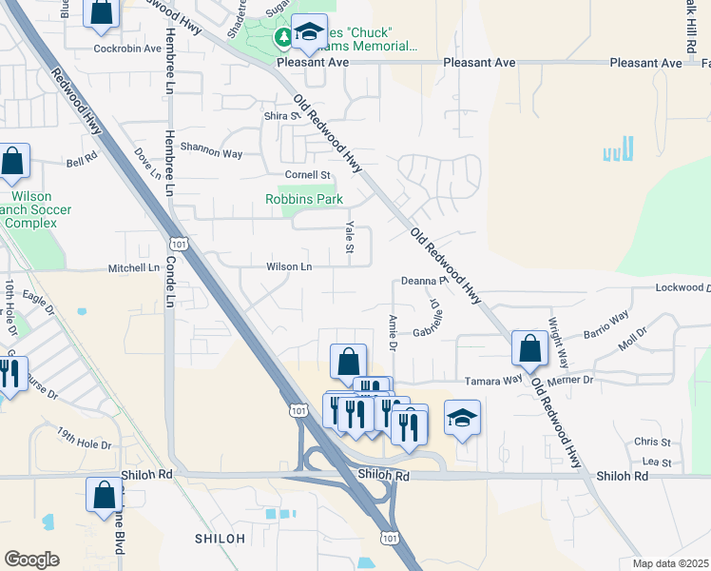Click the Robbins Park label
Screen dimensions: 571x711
(303, 200)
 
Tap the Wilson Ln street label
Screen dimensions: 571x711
(289, 267)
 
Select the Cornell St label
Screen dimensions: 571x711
(307, 175)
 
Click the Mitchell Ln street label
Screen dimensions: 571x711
(133, 268)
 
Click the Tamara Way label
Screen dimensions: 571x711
(493, 380)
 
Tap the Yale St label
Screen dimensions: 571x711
(350, 238)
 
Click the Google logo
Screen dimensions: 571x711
(32, 560)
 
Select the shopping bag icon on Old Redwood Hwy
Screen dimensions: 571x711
(529, 349)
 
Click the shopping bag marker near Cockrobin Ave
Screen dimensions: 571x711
(102, 12)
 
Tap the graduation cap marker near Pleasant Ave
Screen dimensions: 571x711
(308, 34)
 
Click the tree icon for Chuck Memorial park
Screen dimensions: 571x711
(282, 38)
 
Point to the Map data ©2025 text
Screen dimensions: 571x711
(671, 563)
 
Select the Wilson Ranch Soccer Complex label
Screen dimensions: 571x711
(31, 208)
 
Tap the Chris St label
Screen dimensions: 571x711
(652, 443)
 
